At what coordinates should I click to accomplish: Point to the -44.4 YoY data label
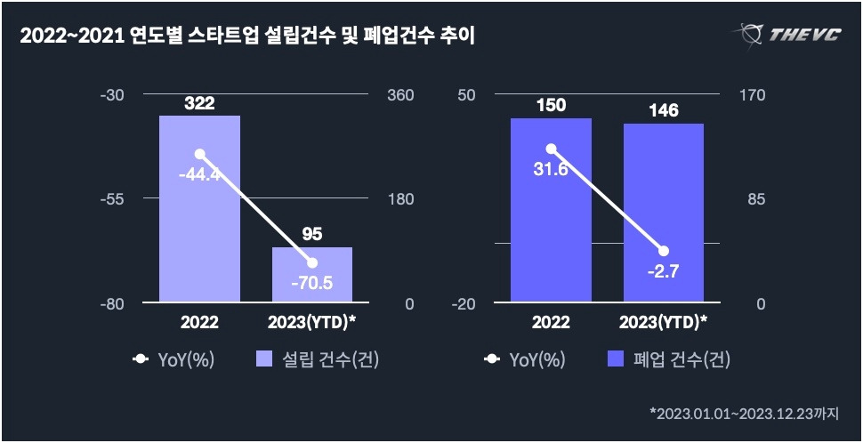199,174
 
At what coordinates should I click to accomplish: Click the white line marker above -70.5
311,262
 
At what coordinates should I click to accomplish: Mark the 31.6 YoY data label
551,169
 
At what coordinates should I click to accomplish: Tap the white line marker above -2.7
663,251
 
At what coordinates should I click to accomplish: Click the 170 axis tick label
754,95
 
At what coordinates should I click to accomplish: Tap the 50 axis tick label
466,95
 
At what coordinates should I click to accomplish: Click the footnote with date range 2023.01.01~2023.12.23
750,413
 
